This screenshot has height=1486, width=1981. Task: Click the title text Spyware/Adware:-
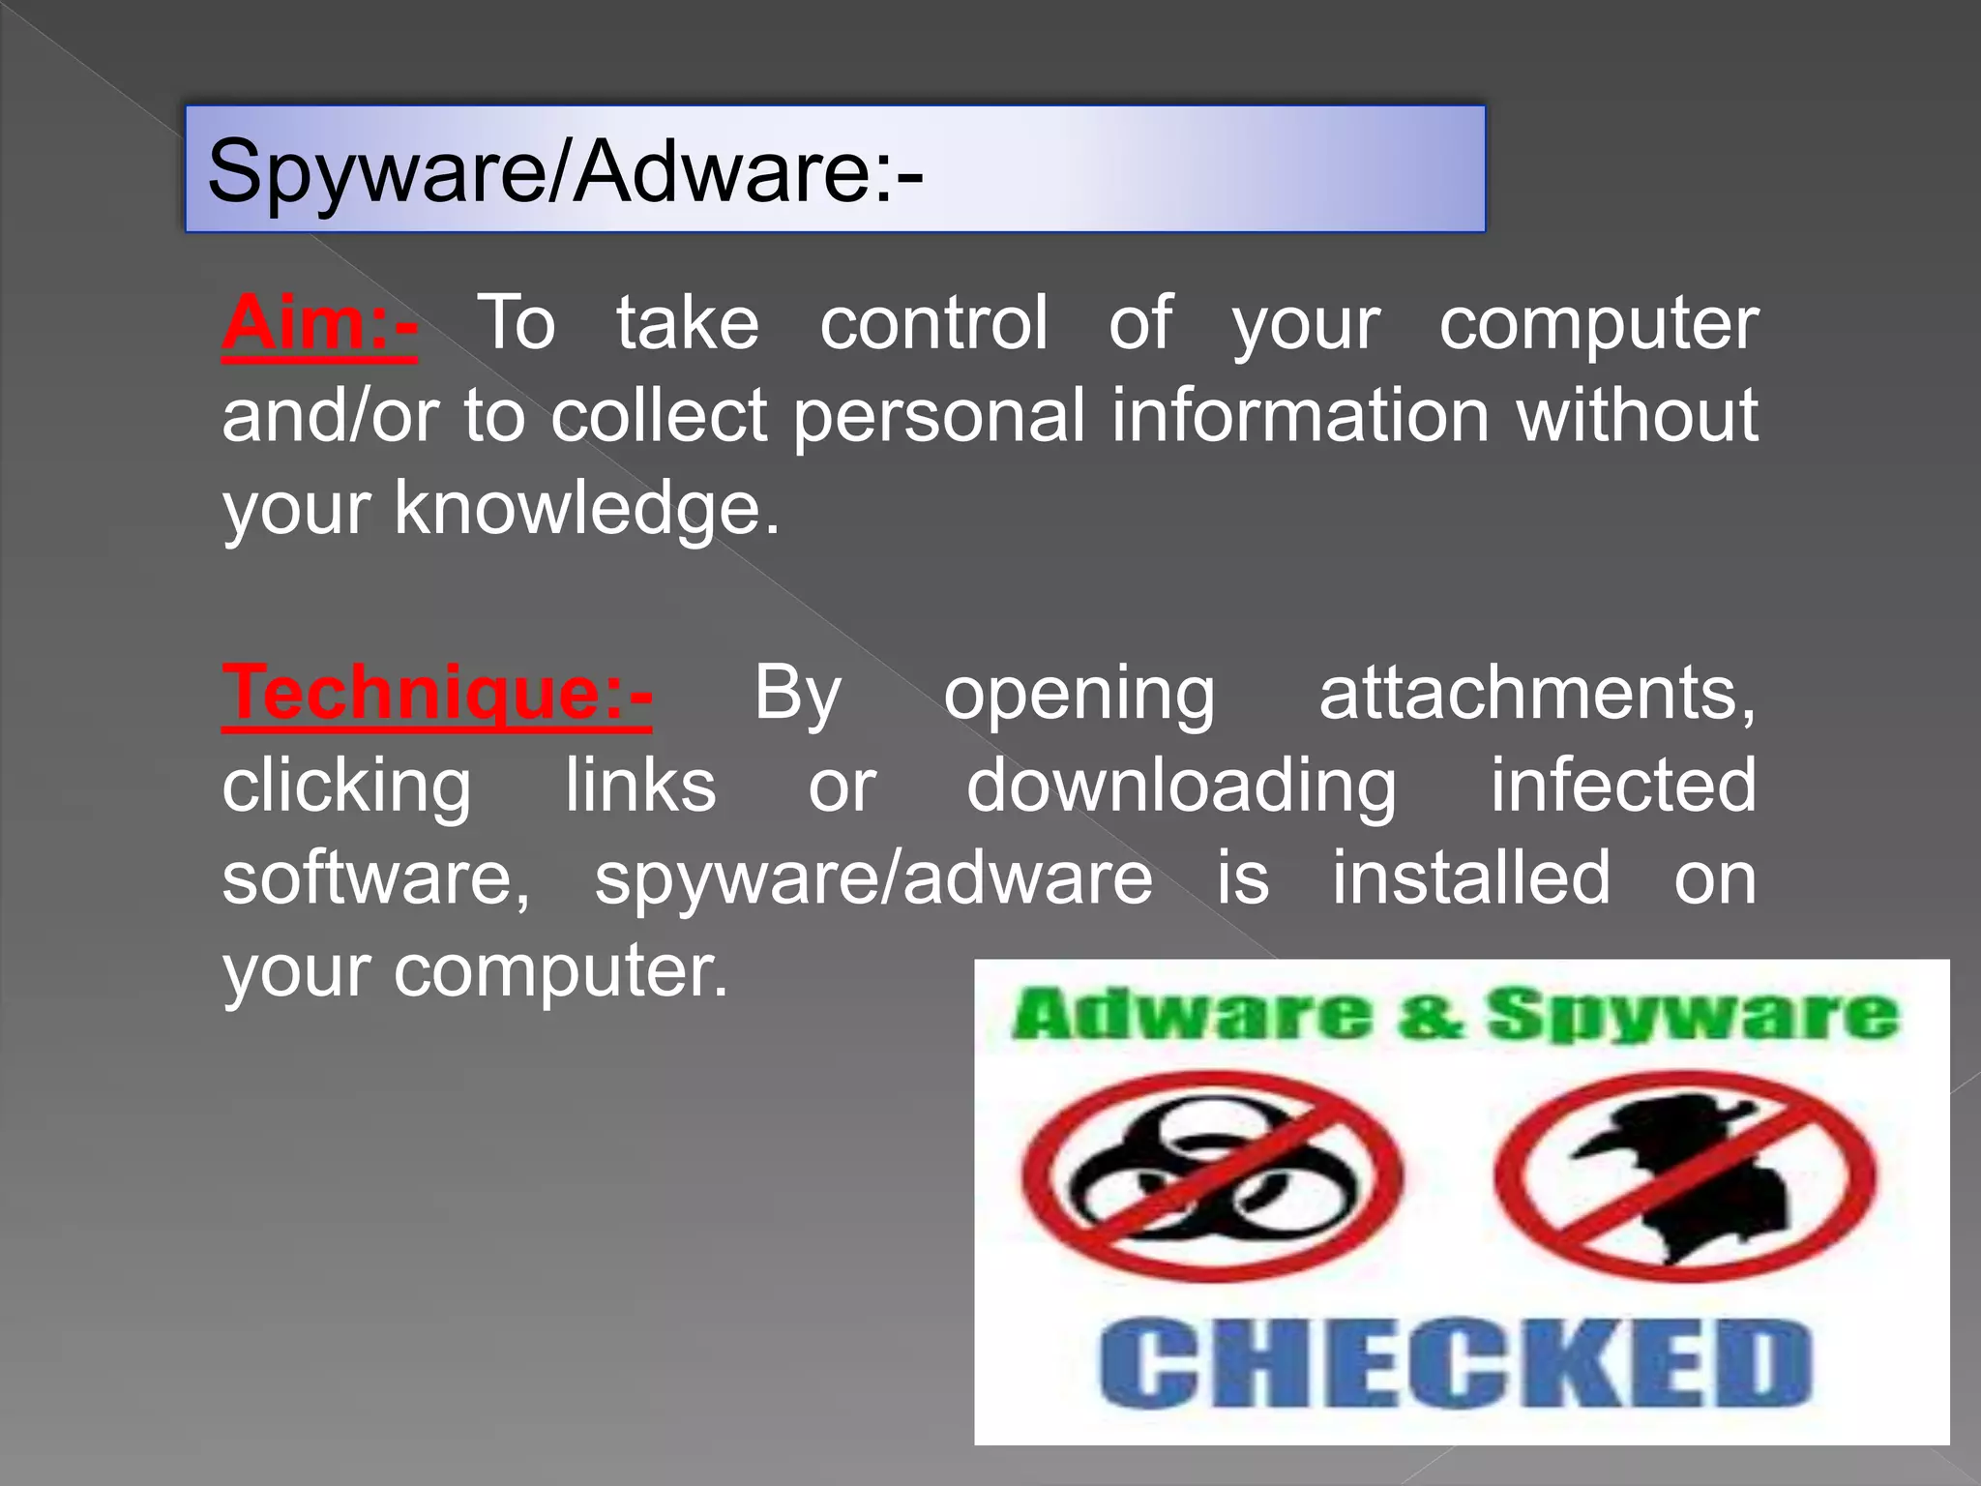pyautogui.click(x=565, y=170)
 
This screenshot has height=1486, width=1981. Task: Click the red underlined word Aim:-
pyautogui.click(x=319, y=323)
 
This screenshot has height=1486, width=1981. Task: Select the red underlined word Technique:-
pyautogui.click(x=437, y=693)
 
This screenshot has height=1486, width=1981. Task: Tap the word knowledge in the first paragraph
pyautogui.click(x=586, y=509)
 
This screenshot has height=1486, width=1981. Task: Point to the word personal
pyautogui.click(x=939, y=416)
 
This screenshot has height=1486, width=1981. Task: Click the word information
pyautogui.click(x=1299, y=416)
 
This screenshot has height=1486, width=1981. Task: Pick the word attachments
pyautogui.click(x=1537, y=693)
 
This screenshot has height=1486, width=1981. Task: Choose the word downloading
pyautogui.click(x=1181, y=786)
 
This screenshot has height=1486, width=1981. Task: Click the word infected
pyautogui.click(x=1622, y=786)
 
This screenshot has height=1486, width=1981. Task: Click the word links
pyautogui.click(x=640, y=786)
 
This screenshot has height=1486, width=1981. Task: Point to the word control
pyautogui.click(x=933, y=323)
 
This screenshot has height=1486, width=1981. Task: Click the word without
pyautogui.click(x=1637, y=416)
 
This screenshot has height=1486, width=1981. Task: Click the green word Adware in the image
pyautogui.click(x=1192, y=1015)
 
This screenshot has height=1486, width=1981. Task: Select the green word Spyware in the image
pyautogui.click(x=1692, y=1015)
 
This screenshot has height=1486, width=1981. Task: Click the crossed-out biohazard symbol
pyautogui.click(x=1212, y=1176)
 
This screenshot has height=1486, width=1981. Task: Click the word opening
pyautogui.click(x=1079, y=693)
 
